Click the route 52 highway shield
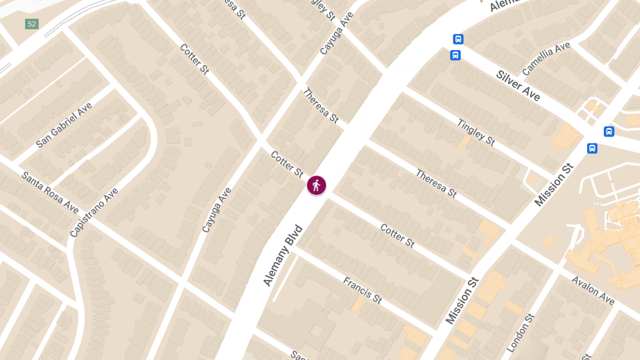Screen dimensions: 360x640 [31, 24]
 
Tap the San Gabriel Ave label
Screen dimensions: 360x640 [64, 125]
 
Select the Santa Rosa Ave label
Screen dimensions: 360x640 [50, 192]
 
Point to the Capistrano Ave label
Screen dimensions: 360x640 [94, 212]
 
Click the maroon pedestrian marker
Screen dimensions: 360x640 [316, 186]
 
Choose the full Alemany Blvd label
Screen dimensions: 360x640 [283, 256]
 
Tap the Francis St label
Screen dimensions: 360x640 [362, 290]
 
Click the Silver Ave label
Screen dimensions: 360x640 [518, 85]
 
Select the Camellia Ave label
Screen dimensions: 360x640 [546, 59]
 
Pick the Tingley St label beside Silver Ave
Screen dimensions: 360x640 [476, 132]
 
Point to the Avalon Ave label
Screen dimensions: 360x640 [593, 290]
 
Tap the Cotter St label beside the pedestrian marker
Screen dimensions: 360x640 [287, 164]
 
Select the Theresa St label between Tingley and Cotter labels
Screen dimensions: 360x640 [436, 183]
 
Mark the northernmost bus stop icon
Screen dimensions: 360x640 [458, 39]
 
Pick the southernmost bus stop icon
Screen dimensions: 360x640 [592, 148]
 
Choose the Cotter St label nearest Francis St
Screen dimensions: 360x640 [397, 235]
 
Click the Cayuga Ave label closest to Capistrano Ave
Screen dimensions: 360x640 [217, 210]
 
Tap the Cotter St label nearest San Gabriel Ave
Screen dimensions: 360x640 [194, 59]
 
